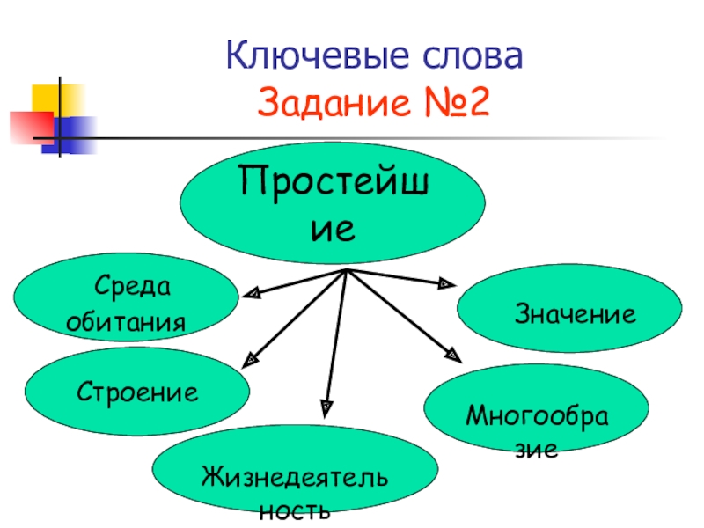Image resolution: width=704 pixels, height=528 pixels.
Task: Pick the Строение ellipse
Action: pos(136,392)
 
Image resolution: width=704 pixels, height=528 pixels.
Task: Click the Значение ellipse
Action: pos(570,312)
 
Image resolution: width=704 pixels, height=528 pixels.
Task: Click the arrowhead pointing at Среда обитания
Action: pos(250,293)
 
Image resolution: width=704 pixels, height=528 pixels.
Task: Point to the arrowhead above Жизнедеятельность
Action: pos(326,406)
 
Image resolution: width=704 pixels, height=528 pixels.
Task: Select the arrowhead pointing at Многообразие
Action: pos(452,355)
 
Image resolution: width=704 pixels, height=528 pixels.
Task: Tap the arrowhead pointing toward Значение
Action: pos(445,283)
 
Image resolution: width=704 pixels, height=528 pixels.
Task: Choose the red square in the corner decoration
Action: pos(31,126)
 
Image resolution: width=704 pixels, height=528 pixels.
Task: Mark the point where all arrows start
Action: pos(347,270)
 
